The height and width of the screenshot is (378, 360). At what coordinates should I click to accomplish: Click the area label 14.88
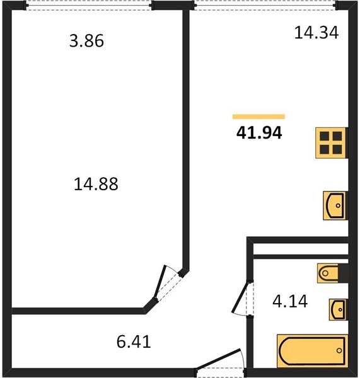[96, 185]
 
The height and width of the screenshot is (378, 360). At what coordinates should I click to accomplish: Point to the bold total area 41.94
[258, 133]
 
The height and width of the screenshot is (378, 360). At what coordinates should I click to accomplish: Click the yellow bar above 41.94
[258, 117]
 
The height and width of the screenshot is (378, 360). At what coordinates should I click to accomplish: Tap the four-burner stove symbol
[331, 143]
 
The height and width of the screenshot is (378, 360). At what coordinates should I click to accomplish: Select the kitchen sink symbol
[335, 205]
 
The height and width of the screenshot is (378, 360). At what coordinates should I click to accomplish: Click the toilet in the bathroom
[332, 273]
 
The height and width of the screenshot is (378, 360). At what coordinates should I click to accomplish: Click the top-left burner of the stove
[325, 137]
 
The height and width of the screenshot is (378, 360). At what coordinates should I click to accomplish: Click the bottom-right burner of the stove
[337, 149]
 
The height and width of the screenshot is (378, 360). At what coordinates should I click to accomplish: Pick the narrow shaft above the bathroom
[299, 247]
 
